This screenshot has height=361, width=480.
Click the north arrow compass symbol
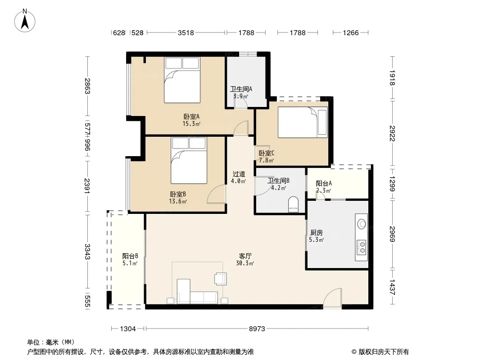pos(25,20)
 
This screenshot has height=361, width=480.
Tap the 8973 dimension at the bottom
pos(257,329)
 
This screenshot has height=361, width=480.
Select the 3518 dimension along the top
pos(186,32)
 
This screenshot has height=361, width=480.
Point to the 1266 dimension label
pos(350,32)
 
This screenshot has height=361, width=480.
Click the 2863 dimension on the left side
pos(87,86)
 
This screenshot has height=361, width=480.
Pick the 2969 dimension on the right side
pos(393,234)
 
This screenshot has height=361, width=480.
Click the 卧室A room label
pos(191,116)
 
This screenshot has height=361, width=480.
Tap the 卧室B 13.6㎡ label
pos(178,198)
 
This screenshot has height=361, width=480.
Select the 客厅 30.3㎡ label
pos(245,259)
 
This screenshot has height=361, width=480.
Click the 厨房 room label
pos(316,232)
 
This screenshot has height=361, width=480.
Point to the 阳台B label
pos(130,256)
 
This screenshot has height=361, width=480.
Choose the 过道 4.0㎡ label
pos(239,177)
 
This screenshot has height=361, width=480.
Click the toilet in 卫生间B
pos(293,204)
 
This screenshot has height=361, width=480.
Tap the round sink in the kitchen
pos(362,224)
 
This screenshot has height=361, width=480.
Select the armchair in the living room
pos(220,279)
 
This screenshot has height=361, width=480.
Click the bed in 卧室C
pos(303,122)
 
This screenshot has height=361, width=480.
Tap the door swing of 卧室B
pos(217,194)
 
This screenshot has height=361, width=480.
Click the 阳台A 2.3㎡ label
pos(324,187)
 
